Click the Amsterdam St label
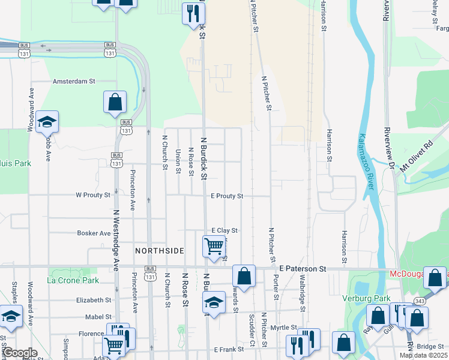coord(74,81)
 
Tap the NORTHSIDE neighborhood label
coord(160,251)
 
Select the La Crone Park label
coord(73,280)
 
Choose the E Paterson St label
coord(303,269)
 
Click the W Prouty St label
coord(93,195)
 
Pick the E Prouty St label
coord(227,196)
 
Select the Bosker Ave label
coord(94,233)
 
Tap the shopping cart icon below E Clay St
coord(214,246)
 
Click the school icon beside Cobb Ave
coord(46,122)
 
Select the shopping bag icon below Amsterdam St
coord(115,103)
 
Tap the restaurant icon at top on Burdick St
coord(193,14)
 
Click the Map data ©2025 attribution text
coord(423,355)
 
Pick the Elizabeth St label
coord(94,300)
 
